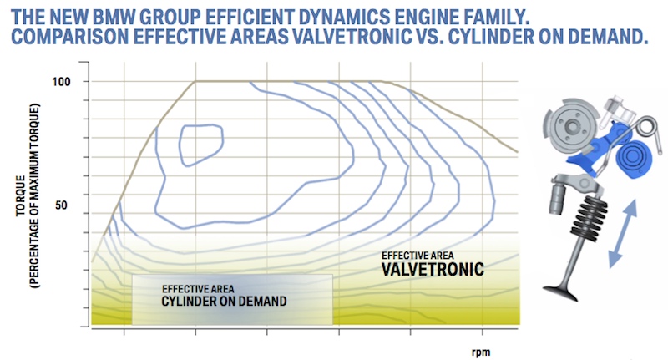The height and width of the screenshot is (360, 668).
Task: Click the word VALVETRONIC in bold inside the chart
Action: (433, 269)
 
